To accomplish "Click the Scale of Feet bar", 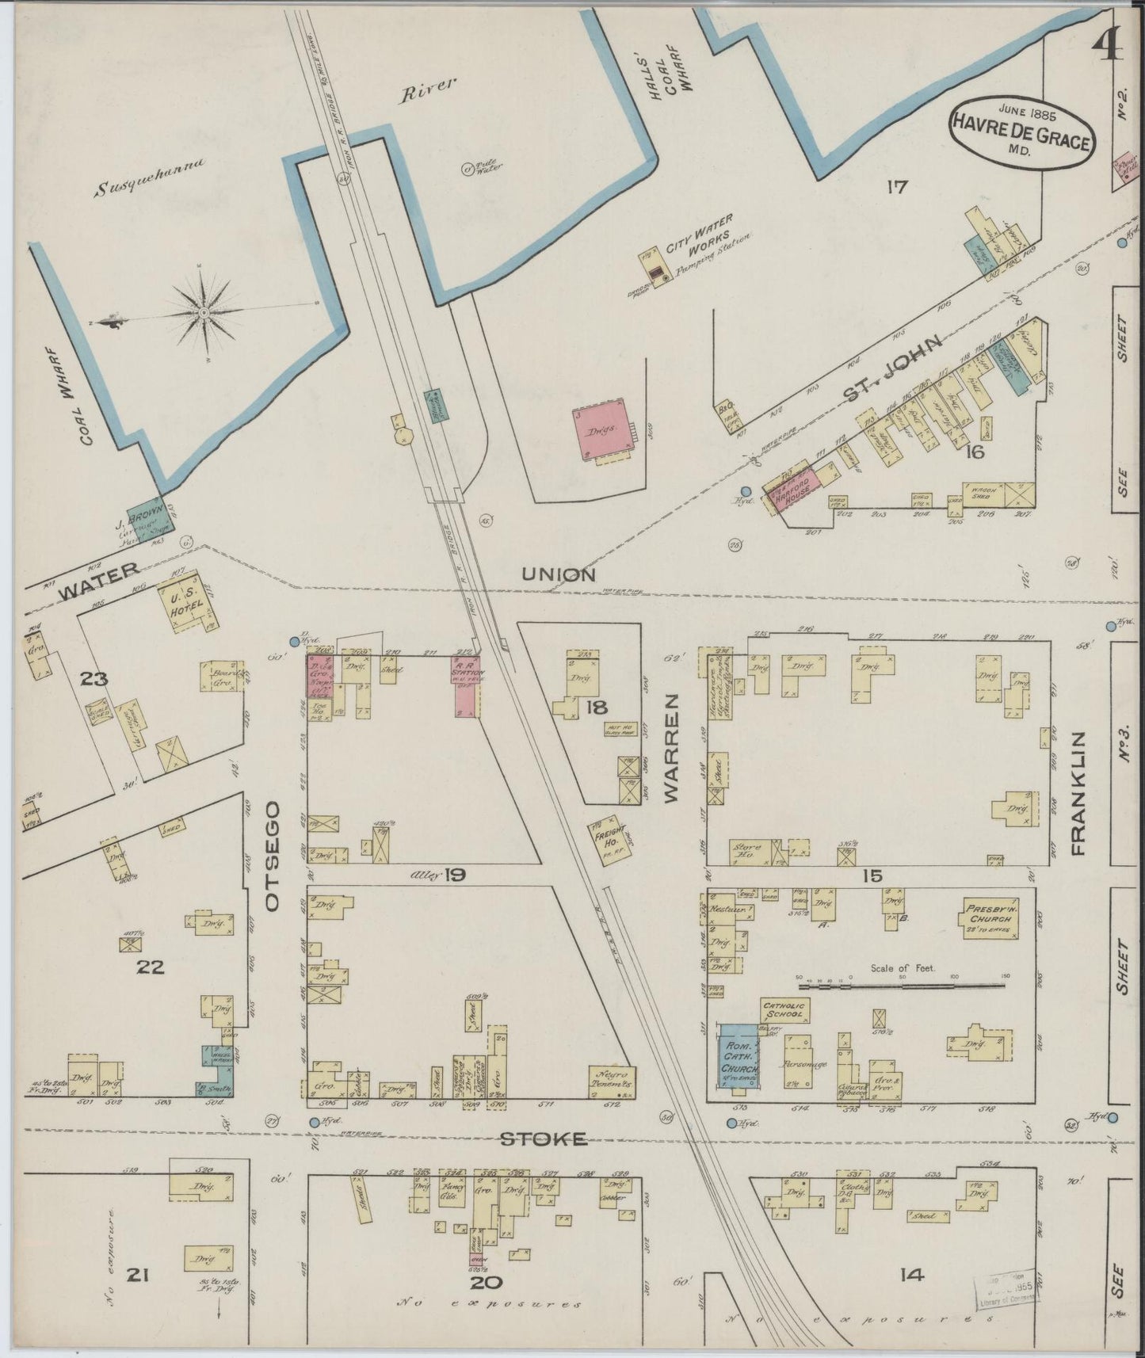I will point(903,986).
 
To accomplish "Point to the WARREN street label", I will point(673,749).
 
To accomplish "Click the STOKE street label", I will point(544,1139).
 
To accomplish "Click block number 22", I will point(150,967).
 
